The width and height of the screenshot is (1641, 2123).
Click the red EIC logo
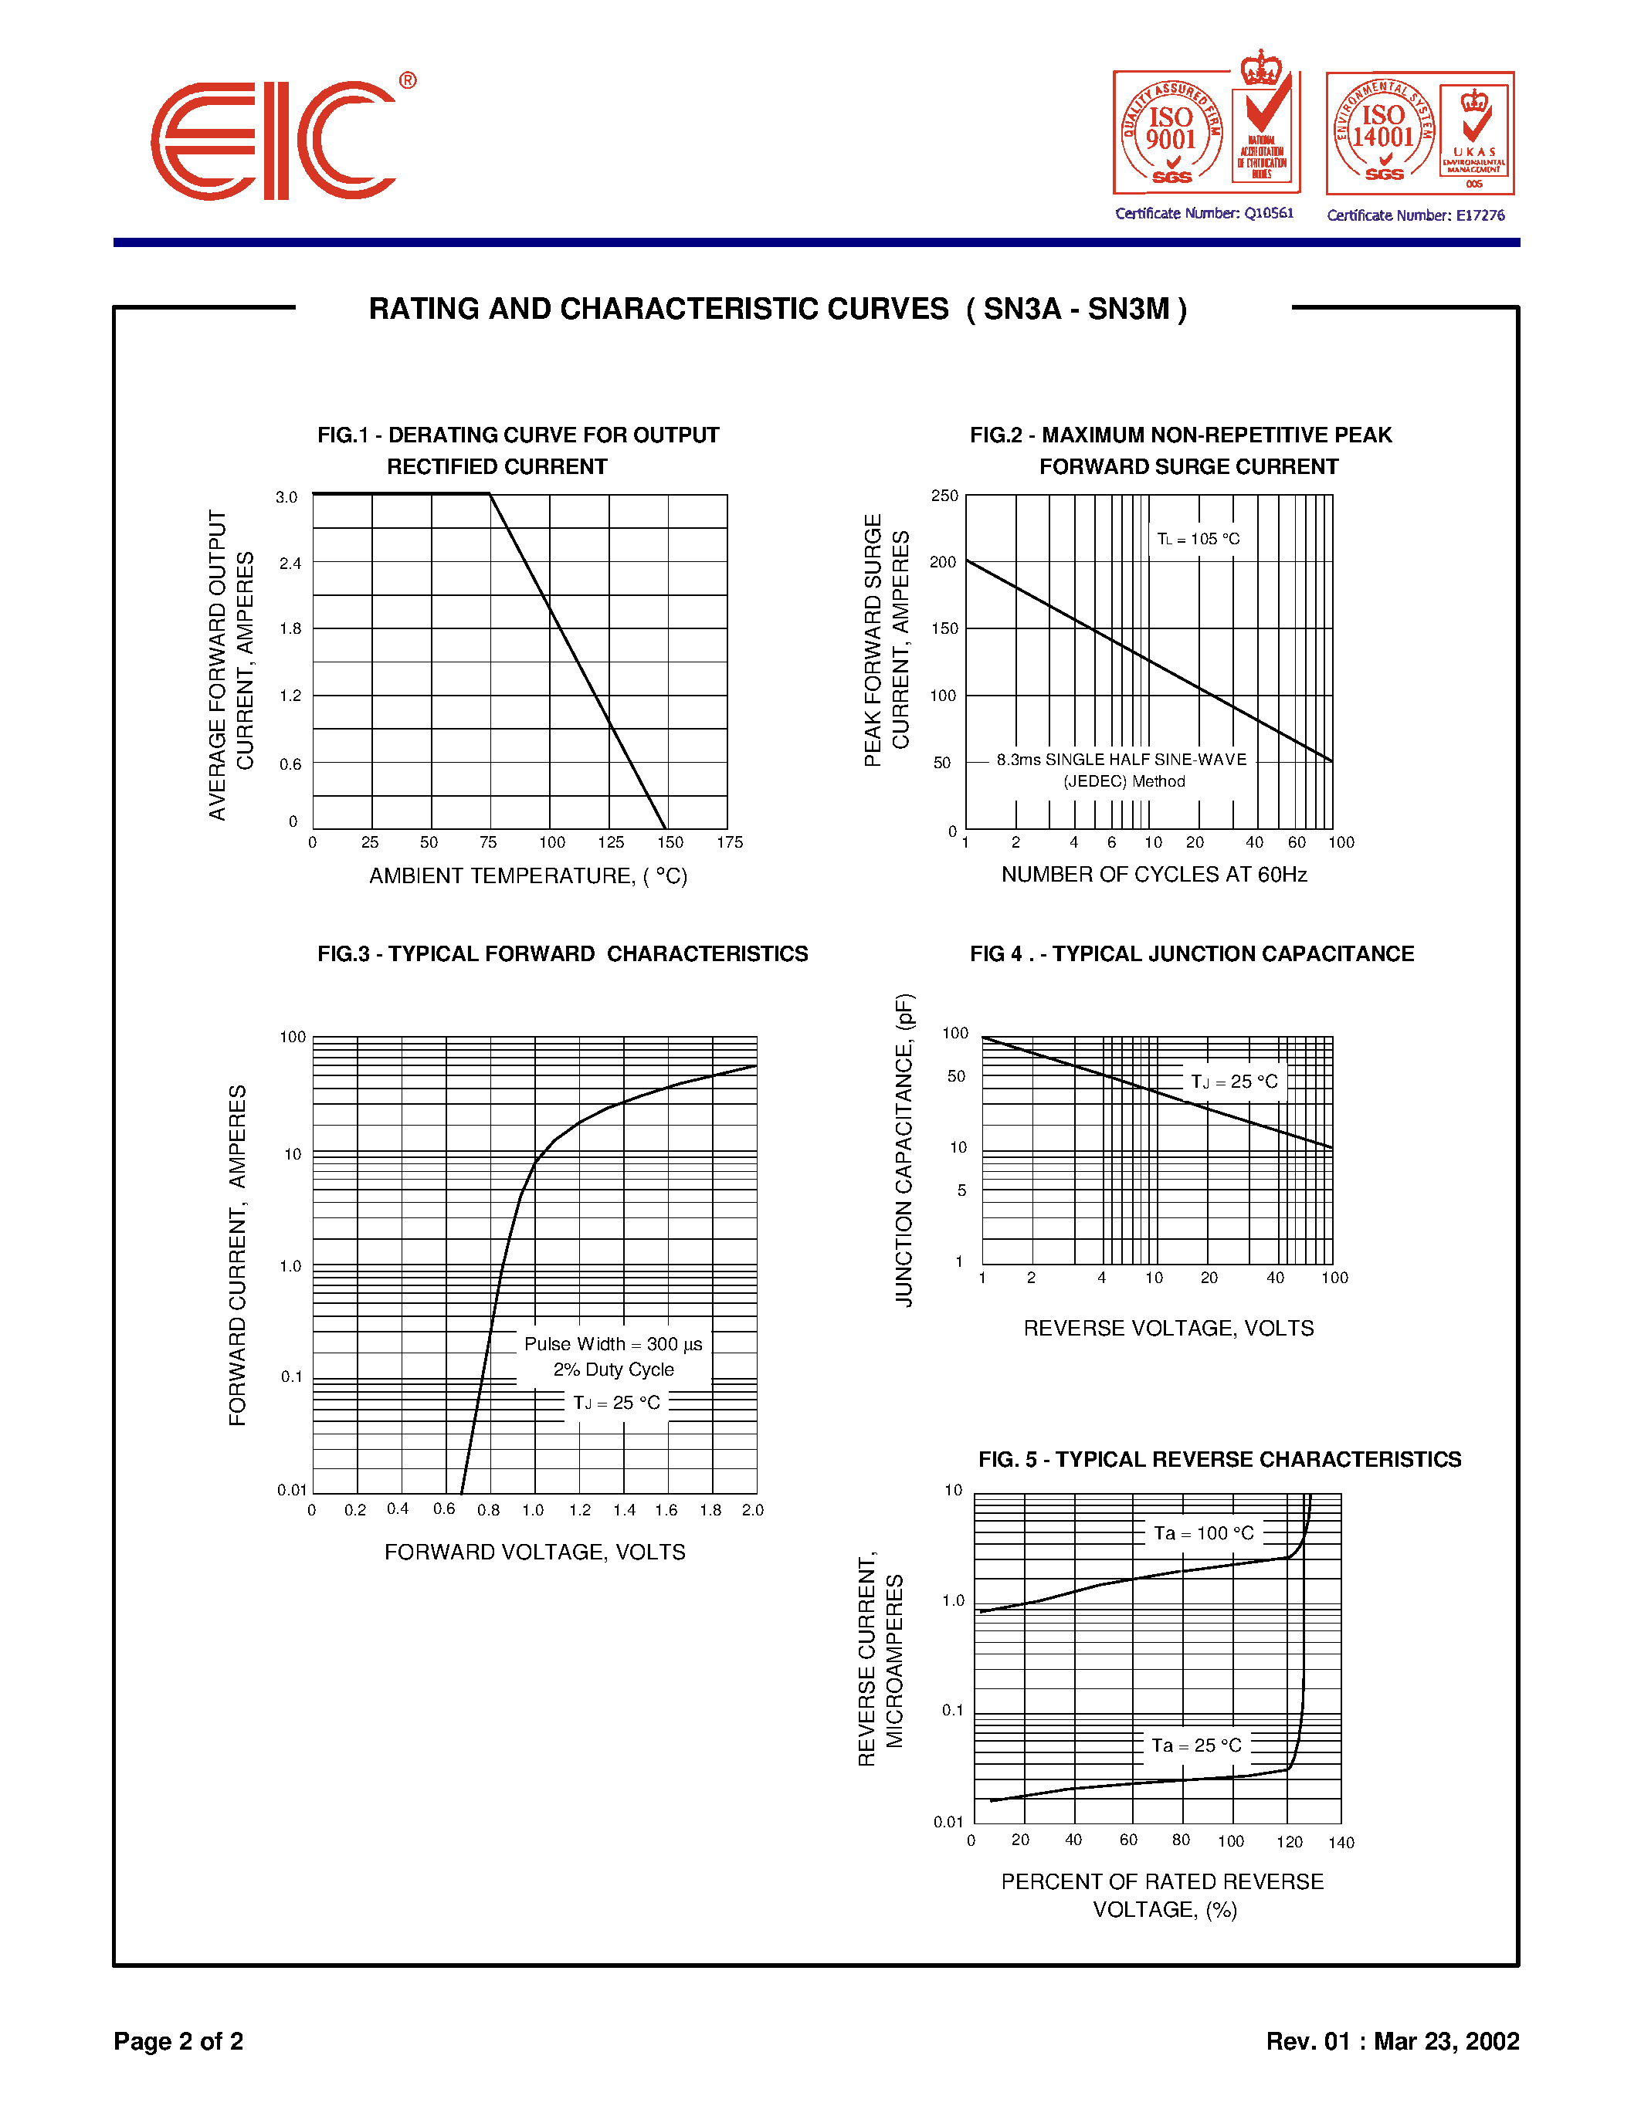click(275, 141)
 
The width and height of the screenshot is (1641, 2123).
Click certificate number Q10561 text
click(1204, 213)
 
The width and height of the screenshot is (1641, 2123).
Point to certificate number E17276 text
click(1416, 215)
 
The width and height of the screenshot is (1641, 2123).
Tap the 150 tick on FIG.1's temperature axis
click(670, 841)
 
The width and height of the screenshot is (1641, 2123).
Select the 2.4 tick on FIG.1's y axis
click(290, 563)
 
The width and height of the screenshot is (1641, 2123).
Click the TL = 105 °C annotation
click(1198, 539)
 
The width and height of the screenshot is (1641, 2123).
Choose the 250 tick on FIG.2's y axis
click(944, 496)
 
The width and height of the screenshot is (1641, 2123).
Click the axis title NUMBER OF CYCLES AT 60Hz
click(1154, 875)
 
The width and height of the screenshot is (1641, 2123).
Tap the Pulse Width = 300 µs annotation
click(612, 1344)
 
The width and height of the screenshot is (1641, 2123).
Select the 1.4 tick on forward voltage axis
click(624, 1509)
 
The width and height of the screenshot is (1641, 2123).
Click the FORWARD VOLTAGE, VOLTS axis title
click(534, 1552)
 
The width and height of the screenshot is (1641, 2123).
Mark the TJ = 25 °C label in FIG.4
click(1234, 1081)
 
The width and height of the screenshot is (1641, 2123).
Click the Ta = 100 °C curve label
click(1204, 1533)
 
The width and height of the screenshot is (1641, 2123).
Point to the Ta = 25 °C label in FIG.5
click(1197, 1745)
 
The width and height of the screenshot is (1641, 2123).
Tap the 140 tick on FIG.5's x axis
click(1341, 1842)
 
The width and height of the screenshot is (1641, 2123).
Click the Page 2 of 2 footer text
click(179, 2040)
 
